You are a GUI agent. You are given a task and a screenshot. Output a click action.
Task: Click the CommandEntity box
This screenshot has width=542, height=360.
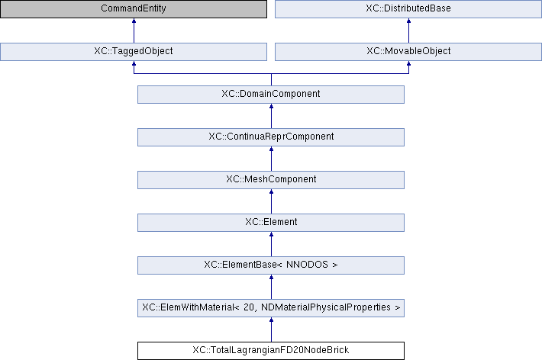click(x=134, y=8)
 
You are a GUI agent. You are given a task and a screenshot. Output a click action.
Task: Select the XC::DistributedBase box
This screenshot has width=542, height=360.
click(x=408, y=8)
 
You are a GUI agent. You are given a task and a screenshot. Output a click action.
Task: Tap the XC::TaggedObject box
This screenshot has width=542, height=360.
click(x=134, y=51)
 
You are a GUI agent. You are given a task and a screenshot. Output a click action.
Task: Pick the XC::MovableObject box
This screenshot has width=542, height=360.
click(x=408, y=51)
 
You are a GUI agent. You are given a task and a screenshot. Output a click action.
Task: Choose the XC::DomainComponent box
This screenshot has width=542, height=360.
click(x=271, y=95)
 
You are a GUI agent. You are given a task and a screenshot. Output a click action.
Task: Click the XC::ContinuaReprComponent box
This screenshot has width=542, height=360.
click(x=271, y=137)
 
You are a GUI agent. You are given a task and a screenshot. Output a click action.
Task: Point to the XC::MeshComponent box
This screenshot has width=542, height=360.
click(x=271, y=180)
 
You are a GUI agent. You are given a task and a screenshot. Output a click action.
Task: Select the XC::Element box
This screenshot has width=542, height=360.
click(x=271, y=223)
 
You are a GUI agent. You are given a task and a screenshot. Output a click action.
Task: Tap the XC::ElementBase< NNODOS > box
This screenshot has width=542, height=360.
click(x=271, y=265)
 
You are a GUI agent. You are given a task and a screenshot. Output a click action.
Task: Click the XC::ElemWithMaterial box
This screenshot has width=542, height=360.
click(x=271, y=308)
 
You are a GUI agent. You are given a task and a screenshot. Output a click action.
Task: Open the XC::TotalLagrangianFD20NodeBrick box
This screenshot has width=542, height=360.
click(x=271, y=351)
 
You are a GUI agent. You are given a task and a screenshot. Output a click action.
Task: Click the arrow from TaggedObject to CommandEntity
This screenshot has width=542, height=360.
click(x=134, y=31)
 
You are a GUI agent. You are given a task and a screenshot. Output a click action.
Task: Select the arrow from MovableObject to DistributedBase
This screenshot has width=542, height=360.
click(x=408, y=31)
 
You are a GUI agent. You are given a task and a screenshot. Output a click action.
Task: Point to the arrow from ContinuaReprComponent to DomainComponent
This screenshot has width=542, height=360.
click(x=271, y=116)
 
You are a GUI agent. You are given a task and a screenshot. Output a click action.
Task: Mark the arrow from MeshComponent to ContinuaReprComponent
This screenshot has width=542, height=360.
click(x=271, y=159)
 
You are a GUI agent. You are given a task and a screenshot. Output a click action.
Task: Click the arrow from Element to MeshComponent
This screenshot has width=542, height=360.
click(x=271, y=201)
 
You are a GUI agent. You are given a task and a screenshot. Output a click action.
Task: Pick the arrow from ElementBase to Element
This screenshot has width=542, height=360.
click(x=271, y=244)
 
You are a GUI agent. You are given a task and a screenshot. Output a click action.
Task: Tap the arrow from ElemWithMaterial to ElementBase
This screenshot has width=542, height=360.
click(x=271, y=287)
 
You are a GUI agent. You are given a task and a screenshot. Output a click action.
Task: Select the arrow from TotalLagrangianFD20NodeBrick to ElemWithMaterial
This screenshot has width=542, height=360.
click(x=271, y=329)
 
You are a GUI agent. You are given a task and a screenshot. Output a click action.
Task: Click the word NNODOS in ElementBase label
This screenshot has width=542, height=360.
click(x=307, y=265)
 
